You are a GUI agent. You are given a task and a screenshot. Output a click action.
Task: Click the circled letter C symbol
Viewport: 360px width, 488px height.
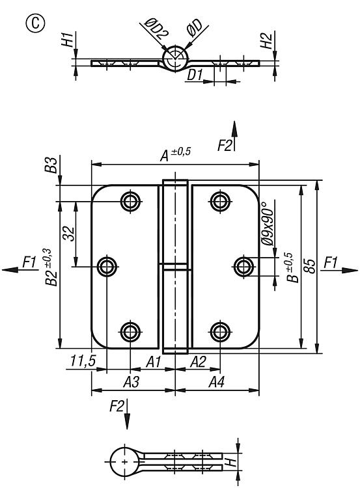pyautogui.click(x=35, y=23)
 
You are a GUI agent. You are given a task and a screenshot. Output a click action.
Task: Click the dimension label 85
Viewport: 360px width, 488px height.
pyautogui.click(x=310, y=265)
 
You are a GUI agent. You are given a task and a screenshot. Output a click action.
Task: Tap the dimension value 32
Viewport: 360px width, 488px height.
pyautogui.click(x=69, y=234)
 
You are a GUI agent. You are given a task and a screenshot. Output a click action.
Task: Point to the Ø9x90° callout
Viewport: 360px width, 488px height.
pyautogui.click(x=268, y=223)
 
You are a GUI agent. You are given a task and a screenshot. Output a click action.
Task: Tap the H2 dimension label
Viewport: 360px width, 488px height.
pyautogui.click(x=266, y=40)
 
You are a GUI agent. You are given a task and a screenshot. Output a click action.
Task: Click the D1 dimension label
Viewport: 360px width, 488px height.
pyautogui.click(x=195, y=75)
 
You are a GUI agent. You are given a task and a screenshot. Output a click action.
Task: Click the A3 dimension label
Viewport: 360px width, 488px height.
pyautogui.click(x=131, y=381)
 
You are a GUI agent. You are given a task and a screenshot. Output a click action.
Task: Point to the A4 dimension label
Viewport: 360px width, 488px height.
pyautogui.click(x=216, y=381)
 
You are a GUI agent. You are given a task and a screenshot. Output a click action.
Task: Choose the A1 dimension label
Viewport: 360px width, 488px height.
pyautogui.click(x=154, y=362)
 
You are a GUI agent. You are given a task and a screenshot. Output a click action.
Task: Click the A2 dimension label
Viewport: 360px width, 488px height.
pyautogui.click(x=198, y=362)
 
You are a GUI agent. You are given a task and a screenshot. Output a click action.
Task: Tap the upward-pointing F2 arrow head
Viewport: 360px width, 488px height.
pyautogui.click(x=234, y=129)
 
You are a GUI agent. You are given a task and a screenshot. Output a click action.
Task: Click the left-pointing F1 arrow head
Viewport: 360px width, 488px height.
pyautogui.click(x=10, y=269)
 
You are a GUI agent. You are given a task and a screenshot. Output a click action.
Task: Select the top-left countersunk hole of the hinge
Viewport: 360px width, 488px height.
pyautogui.click(x=130, y=201)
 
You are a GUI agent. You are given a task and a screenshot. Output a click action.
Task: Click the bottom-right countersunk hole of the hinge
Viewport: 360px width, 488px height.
pyautogui.click(x=220, y=332)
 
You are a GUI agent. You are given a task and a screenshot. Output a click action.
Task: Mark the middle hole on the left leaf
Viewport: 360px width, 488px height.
pyautogui.click(x=107, y=267)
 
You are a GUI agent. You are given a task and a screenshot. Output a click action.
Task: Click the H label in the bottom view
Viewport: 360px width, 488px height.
pyautogui.click(x=231, y=462)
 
